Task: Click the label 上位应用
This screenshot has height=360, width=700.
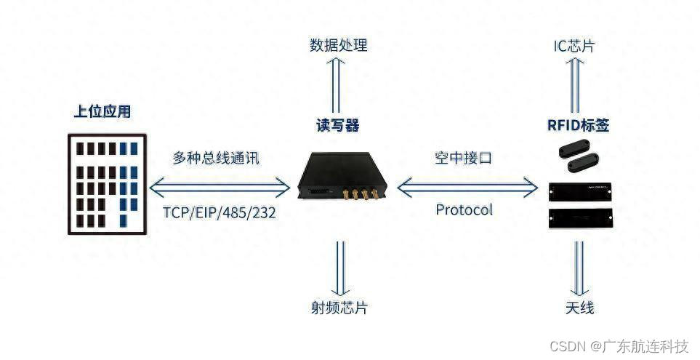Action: coord(102,111)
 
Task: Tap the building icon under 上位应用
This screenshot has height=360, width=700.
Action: coord(104,184)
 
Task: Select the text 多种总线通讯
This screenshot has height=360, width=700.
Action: coord(215,158)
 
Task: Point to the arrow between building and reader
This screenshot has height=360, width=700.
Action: coord(220,188)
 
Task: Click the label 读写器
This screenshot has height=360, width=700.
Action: coord(338,125)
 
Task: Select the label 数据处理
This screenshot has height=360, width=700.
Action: coord(339,45)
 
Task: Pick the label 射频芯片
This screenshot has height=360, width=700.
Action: coord(339,307)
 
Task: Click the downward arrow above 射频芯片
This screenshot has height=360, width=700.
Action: coord(339,265)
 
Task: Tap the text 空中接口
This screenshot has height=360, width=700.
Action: coord(464,158)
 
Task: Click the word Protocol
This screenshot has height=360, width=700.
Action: coord(464,210)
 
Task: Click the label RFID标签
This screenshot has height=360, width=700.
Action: coord(578,125)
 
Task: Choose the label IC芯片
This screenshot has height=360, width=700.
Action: coord(574,45)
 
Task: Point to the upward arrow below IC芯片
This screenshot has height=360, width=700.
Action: coord(575,81)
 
